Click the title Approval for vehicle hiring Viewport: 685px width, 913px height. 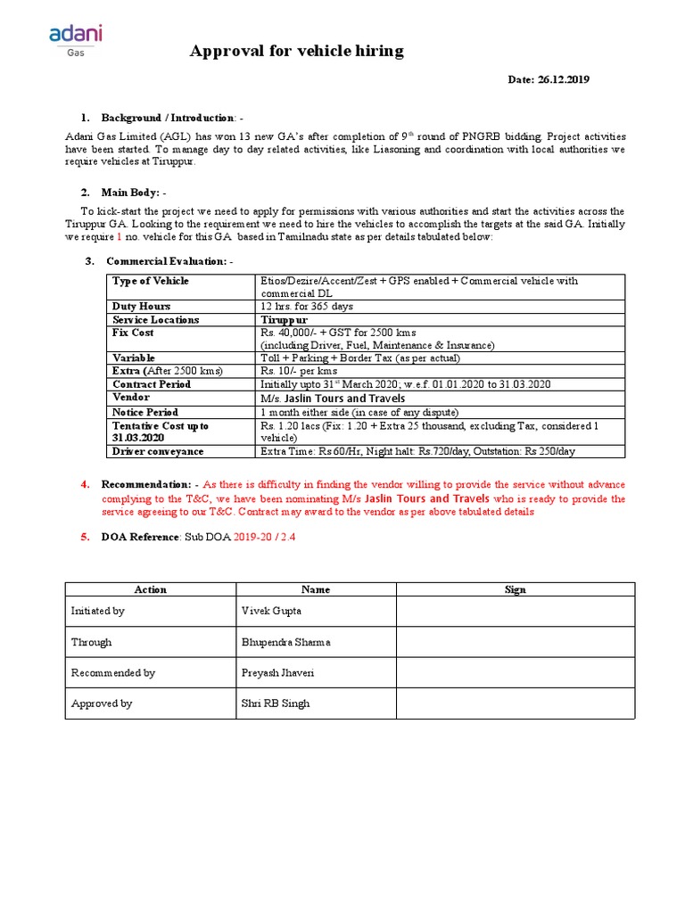[x=296, y=52]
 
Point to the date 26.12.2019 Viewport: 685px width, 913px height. [x=549, y=79]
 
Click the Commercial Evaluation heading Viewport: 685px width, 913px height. [x=169, y=261]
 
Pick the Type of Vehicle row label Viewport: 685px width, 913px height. [x=151, y=281]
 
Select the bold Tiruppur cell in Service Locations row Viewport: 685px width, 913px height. [x=284, y=319]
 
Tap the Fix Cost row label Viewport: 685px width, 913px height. [x=133, y=333]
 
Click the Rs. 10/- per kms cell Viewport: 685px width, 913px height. [x=299, y=371]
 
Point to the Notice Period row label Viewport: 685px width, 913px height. [x=144, y=412]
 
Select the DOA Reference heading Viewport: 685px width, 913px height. [x=143, y=538]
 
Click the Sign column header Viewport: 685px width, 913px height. [x=515, y=589]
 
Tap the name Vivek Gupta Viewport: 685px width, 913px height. [x=272, y=611]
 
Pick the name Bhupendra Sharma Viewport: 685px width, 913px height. [x=285, y=642]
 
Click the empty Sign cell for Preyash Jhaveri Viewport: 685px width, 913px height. [x=515, y=673]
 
